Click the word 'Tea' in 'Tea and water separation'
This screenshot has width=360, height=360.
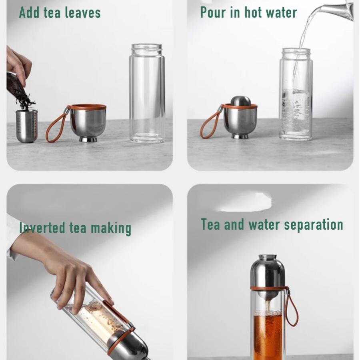pyautogui.click(x=211, y=224)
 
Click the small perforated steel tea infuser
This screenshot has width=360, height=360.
pyautogui.click(x=27, y=126)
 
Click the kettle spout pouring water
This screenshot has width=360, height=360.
pyautogui.click(x=340, y=10)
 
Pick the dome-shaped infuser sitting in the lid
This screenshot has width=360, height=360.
pyautogui.click(x=241, y=101)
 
